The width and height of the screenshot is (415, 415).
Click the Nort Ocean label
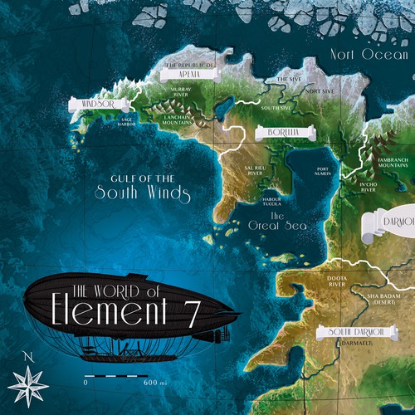coord(371,54)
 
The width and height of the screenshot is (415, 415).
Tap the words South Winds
coord(142,196)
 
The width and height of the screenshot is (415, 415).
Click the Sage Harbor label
coord(127,122)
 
